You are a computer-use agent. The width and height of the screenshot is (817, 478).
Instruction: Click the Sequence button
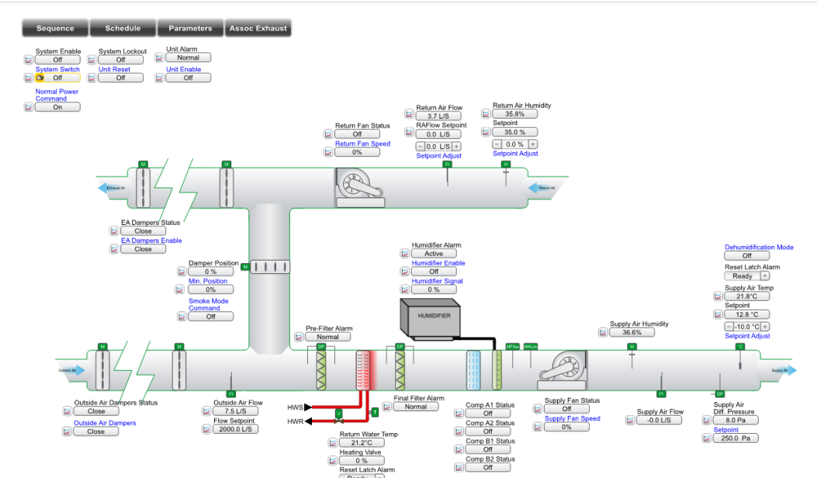point(55,28)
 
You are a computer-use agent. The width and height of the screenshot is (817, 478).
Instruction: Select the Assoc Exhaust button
point(258,28)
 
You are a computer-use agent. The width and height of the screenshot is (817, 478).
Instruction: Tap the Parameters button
point(190,28)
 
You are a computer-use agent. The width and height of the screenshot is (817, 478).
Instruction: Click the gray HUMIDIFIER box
point(434,317)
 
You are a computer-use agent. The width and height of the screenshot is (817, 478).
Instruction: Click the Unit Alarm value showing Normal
point(188,57)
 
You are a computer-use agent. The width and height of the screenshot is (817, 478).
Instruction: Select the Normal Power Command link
point(57,95)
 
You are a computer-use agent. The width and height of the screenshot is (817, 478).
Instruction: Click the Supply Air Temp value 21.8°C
point(746,296)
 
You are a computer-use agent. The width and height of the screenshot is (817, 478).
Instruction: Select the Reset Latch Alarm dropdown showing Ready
point(746,275)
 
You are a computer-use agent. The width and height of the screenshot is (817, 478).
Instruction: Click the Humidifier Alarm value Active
point(434,254)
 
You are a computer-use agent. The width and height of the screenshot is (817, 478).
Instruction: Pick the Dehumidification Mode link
point(759,248)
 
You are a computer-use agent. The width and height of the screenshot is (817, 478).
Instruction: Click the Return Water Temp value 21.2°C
point(362,443)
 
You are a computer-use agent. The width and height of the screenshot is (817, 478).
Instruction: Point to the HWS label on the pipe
point(295,407)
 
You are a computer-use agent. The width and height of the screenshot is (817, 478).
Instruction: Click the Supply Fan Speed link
point(572,418)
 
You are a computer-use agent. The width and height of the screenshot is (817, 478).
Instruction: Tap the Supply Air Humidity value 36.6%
point(631,332)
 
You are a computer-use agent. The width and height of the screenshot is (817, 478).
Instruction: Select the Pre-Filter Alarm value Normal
point(327,337)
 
